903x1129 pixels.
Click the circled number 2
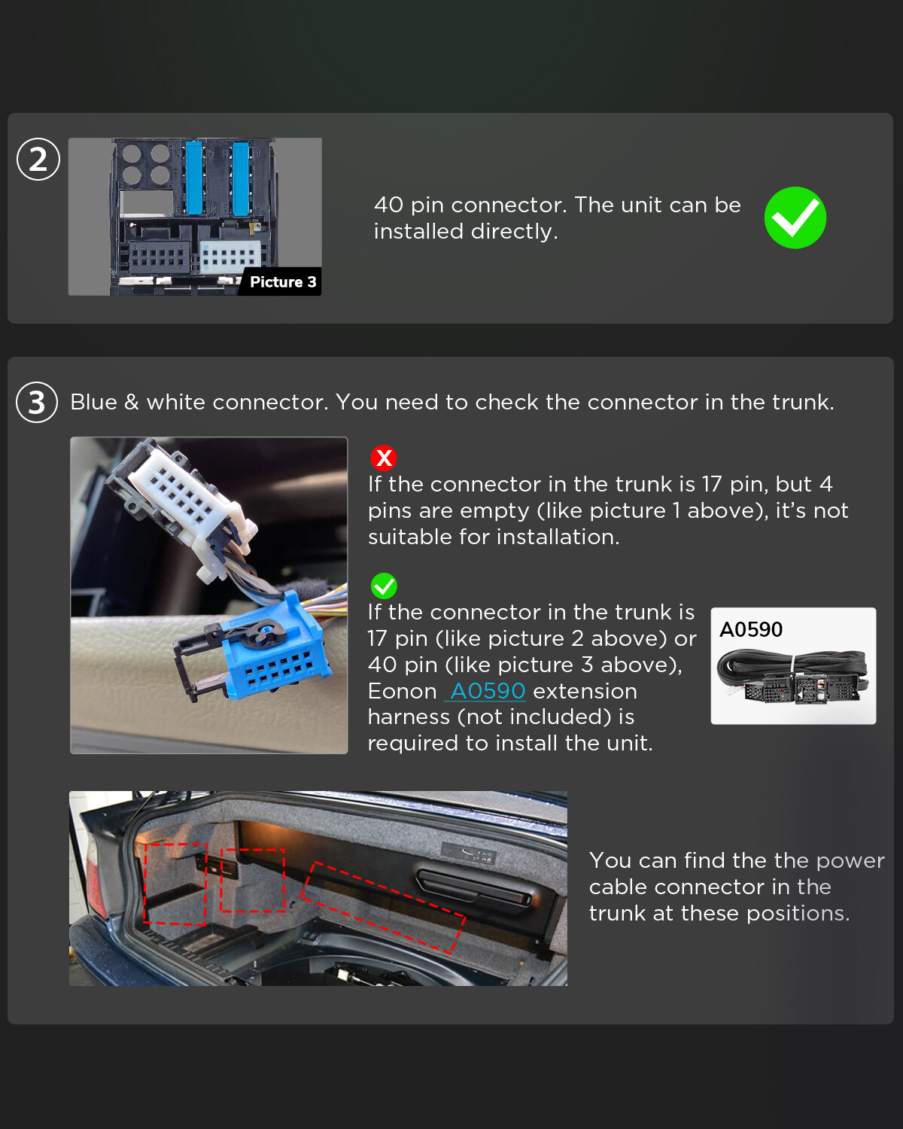pos(38,159)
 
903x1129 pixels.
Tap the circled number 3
pos(37,402)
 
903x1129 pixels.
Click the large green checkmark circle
pos(795,218)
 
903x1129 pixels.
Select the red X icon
pos(384,458)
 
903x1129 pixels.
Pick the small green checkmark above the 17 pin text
pos(384,586)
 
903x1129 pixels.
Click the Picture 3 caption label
pos(282,281)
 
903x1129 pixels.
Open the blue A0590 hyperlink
pos(488,691)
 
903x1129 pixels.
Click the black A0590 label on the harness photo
pos(750,629)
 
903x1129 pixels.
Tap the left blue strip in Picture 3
pos(193,178)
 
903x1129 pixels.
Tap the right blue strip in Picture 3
pos(240,178)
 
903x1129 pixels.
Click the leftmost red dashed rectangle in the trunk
pos(175,884)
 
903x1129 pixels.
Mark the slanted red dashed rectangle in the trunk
pos(382,908)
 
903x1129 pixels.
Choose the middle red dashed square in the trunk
pos(252,881)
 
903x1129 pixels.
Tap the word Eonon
pos(402,691)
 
